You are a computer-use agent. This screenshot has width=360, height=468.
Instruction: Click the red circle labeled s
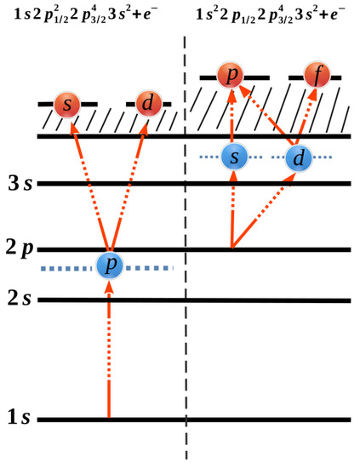pos(67,106)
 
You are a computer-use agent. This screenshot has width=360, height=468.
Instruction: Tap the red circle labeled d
pos(148,106)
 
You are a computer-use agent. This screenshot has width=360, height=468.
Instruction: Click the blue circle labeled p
pos(109,265)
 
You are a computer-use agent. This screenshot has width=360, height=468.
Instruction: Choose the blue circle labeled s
pos(234,157)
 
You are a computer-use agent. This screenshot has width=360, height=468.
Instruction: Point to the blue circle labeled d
pos(297,157)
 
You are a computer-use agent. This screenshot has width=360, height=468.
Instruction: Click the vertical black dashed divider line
pos(185,255)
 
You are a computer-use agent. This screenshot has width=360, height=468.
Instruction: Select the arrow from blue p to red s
pos(89,187)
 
